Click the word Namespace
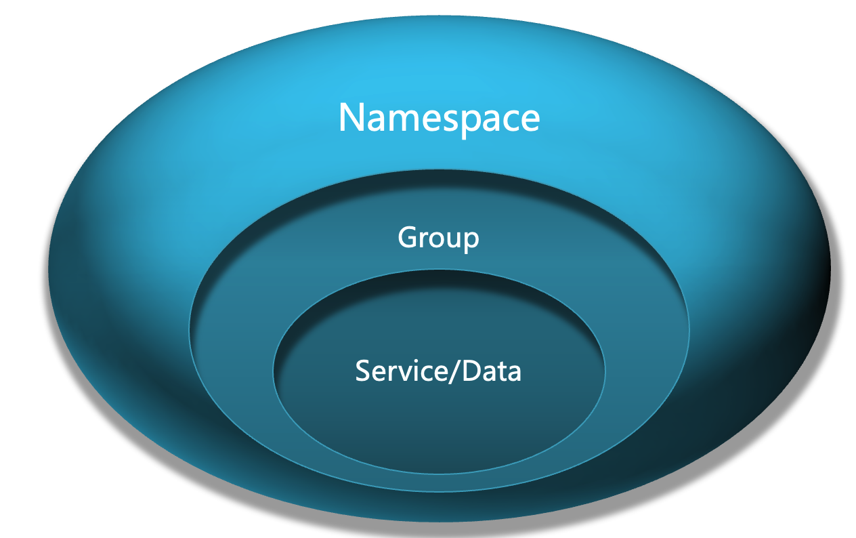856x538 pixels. coord(439,117)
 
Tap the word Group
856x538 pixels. coord(438,238)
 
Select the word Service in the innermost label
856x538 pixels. coord(398,371)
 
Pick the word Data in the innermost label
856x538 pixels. coord(492,371)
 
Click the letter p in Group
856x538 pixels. coord(470,241)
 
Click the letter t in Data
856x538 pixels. coord(502,372)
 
